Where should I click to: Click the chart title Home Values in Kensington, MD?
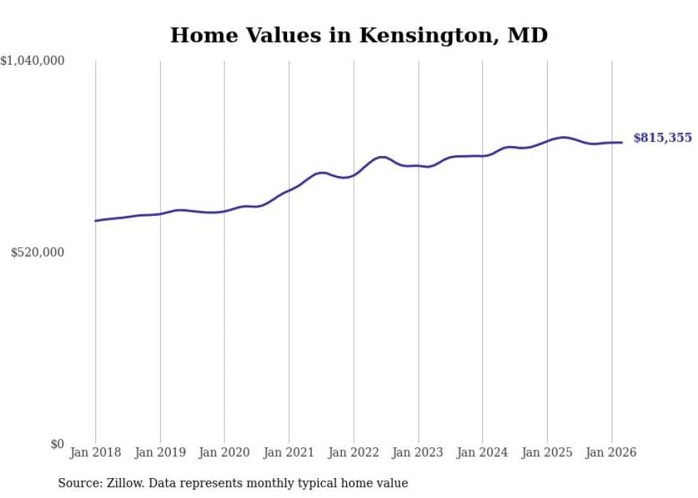(x=359, y=35)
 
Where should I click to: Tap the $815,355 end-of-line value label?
(x=662, y=138)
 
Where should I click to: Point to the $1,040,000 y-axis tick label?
(x=33, y=61)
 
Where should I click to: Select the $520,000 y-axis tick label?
(x=38, y=253)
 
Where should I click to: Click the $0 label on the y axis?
(x=57, y=445)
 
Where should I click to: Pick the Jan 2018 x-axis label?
(x=95, y=452)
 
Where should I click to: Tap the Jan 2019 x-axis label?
(x=160, y=452)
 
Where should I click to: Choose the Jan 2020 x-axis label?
(x=224, y=452)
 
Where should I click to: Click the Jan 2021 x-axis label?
(x=289, y=452)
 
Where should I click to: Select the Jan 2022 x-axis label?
(x=353, y=452)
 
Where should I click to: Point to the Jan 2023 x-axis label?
(x=418, y=452)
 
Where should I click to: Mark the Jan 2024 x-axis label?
(x=482, y=452)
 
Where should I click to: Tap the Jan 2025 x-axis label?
(x=547, y=452)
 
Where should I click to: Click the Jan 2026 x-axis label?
(x=611, y=452)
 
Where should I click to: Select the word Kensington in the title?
(x=423, y=35)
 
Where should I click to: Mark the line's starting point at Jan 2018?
(x=95, y=221)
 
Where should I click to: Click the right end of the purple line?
(x=622, y=142)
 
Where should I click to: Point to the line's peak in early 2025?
(x=564, y=137)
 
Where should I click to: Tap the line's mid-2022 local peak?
(x=382, y=157)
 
